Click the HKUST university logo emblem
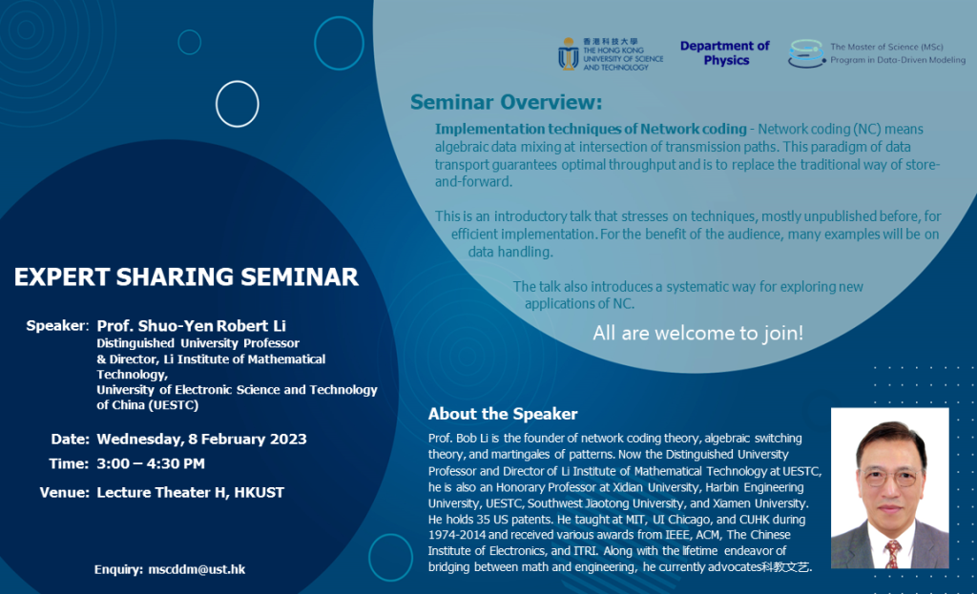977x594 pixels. [x=568, y=53]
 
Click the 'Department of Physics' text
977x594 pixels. [x=725, y=53]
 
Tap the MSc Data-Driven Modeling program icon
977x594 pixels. [x=806, y=53]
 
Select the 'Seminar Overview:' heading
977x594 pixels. [x=506, y=102]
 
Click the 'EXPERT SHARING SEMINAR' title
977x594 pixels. [x=186, y=277]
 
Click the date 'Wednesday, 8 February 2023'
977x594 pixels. [x=201, y=439]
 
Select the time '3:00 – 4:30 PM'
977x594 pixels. [x=151, y=463]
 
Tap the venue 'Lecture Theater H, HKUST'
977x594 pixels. [x=190, y=492]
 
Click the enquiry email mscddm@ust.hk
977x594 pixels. [x=197, y=569]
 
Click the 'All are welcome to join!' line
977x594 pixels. [x=697, y=333]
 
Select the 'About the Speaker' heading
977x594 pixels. [x=503, y=414]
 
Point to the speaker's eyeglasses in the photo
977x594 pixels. [x=888, y=474]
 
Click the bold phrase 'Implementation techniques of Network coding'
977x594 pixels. [x=591, y=129]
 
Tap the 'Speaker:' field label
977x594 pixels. [x=57, y=325]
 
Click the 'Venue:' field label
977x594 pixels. [x=64, y=492]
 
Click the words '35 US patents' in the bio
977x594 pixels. [x=504, y=519]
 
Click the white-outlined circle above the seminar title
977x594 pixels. [x=238, y=104]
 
